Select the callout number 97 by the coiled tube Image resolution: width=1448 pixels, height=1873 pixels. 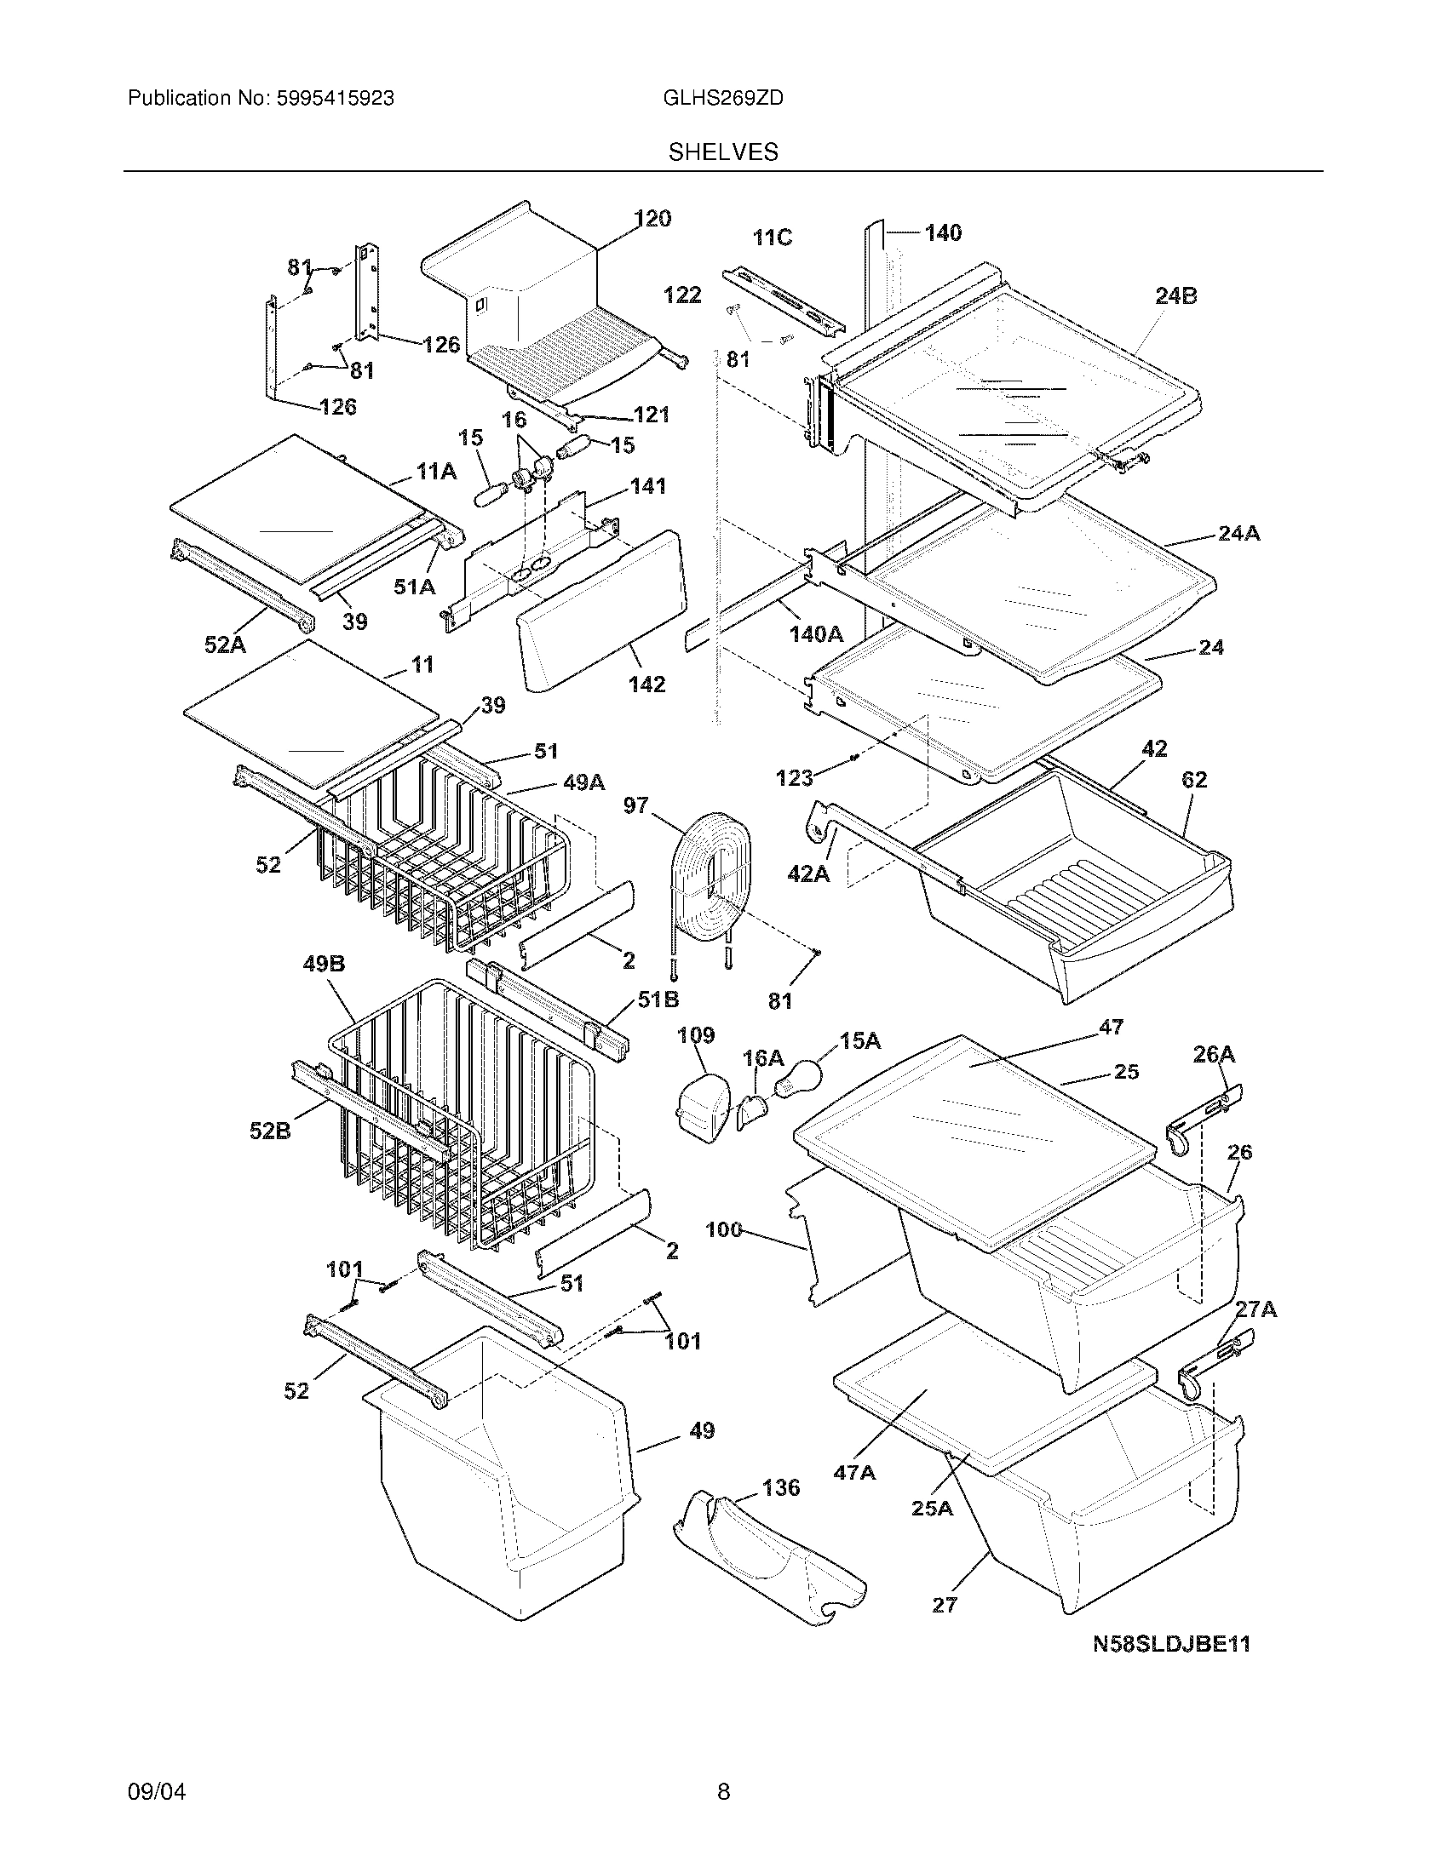(x=635, y=805)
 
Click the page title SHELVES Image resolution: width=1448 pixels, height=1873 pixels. (x=723, y=152)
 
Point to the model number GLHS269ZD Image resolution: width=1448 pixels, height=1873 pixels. (x=723, y=99)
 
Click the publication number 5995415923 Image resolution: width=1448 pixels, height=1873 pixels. (x=335, y=99)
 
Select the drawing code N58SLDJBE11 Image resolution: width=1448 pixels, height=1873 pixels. (x=1171, y=1644)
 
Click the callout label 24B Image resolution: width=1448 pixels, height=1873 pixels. (x=1175, y=296)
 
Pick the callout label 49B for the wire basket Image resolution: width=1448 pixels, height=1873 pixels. (x=324, y=964)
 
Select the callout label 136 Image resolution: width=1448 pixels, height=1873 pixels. (x=780, y=1487)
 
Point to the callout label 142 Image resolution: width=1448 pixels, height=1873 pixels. (x=646, y=684)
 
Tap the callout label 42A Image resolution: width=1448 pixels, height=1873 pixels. (x=808, y=873)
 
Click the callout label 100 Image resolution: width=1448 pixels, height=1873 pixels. (x=723, y=1230)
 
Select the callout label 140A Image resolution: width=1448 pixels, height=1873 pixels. (x=816, y=633)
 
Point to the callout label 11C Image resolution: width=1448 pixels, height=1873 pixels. (x=772, y=238)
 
